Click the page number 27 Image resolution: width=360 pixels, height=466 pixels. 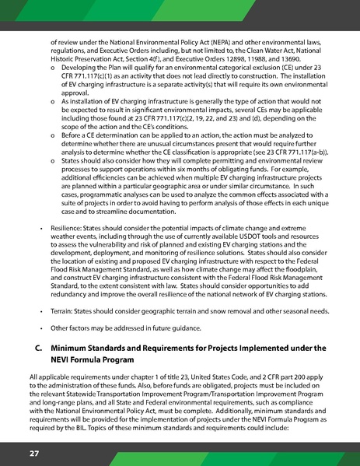tap(35, 452)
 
